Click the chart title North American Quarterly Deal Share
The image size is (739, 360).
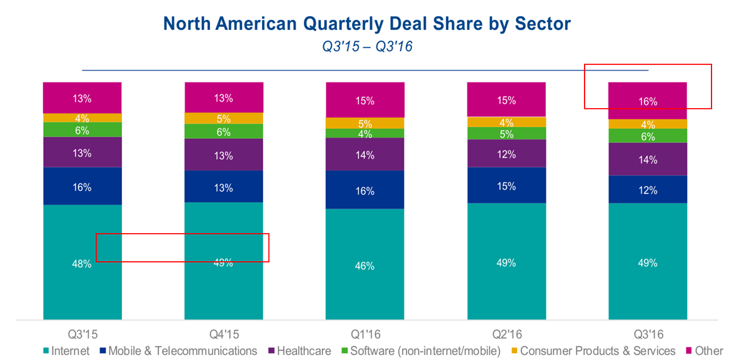(367, 24)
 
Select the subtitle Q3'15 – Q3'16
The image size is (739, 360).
(367, 47)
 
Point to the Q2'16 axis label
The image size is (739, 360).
(506, 334)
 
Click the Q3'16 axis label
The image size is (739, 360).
(648, 334)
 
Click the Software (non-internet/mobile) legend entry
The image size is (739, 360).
(420, 351)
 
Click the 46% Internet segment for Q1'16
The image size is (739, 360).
(365, 266)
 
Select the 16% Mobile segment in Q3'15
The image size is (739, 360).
(83, 186)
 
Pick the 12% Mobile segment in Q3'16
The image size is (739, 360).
(648, 189)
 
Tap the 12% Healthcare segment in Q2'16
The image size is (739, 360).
(506, 153)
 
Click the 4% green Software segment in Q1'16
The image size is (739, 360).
(365, 133)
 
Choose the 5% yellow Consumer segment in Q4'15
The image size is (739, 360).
(224, 118)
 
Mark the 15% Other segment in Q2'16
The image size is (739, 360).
(506, 99)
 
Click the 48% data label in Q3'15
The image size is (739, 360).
(83, 264)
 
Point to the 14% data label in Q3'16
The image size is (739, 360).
(648, 160)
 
